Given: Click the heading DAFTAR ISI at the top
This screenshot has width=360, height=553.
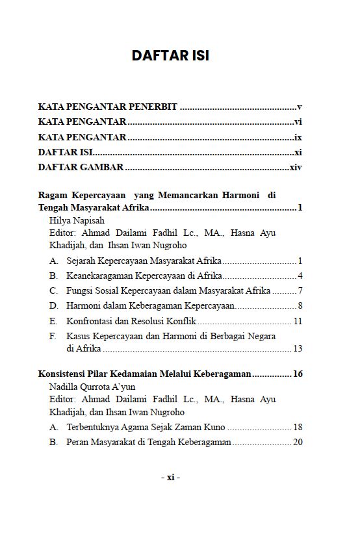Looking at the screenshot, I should (x=170, y=56).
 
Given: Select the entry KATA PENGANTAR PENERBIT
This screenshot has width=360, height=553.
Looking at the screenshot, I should (x=107, y=107).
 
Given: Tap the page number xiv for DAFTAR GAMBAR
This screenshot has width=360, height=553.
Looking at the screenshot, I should (x=296, y=168).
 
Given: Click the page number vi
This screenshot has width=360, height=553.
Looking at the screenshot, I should (x=298, y=122).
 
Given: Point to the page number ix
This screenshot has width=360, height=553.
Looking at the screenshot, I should (x=298, y=137).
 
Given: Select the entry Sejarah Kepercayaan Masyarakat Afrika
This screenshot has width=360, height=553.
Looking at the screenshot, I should (x=144, y=261).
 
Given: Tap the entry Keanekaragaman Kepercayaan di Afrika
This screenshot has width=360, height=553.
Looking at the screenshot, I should (x=144, y=276).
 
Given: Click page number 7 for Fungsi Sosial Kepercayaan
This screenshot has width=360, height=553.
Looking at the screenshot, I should (x=300, y=290).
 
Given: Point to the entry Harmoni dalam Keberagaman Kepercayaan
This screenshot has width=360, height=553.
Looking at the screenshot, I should (x=150, y=305).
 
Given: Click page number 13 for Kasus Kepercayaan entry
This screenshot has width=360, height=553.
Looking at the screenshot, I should (x=298, y=349).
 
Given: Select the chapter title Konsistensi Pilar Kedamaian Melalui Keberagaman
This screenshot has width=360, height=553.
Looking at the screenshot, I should (x=144, y=374).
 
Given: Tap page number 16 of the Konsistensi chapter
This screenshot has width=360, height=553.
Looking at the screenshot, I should (x=298, y=374).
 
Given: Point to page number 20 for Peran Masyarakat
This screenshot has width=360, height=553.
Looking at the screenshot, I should (x=298, y=442).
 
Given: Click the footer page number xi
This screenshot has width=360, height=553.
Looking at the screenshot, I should (x=170, y=478).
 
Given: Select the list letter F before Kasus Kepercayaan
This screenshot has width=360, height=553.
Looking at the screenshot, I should (x=53, y=336).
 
